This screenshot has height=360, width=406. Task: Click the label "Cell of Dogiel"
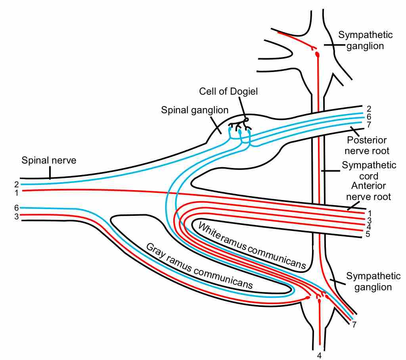click(x=228, y=91)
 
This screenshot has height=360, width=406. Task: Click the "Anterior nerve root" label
click(x=369, y=191)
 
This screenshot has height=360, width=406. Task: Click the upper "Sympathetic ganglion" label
click(x=365, y=40)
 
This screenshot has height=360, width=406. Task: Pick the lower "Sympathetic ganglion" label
click(x=373, y=282)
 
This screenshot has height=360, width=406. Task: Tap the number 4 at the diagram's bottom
click(x=320, y=355)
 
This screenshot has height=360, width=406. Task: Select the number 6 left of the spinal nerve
click(x=17, y=208)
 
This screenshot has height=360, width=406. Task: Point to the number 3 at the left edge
click(x=17, y=216)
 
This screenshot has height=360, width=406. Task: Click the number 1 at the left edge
click(x=17, y=192)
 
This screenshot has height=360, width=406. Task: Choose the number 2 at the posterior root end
click(x=369, y=109)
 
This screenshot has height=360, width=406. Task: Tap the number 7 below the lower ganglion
click(x=354, y=325)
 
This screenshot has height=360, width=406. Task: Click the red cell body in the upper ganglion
click(x=317, y=55)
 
